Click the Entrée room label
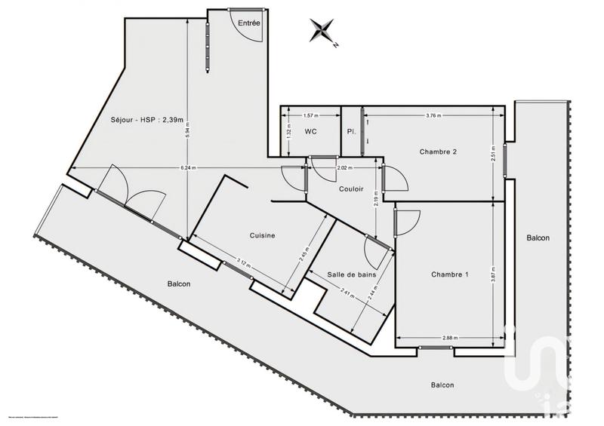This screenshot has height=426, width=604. click(249, 23)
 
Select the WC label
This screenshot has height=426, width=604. click(311, 132)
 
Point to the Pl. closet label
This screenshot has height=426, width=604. click(351, 132)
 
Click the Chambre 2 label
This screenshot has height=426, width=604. click(439, 152)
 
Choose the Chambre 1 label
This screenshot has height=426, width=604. click(450, 274)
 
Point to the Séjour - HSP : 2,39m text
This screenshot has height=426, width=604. click(147, 119)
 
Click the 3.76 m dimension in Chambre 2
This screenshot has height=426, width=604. click(433, 115)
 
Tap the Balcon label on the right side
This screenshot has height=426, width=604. click(538, 238)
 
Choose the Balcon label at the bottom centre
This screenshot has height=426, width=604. click(442, 385)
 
